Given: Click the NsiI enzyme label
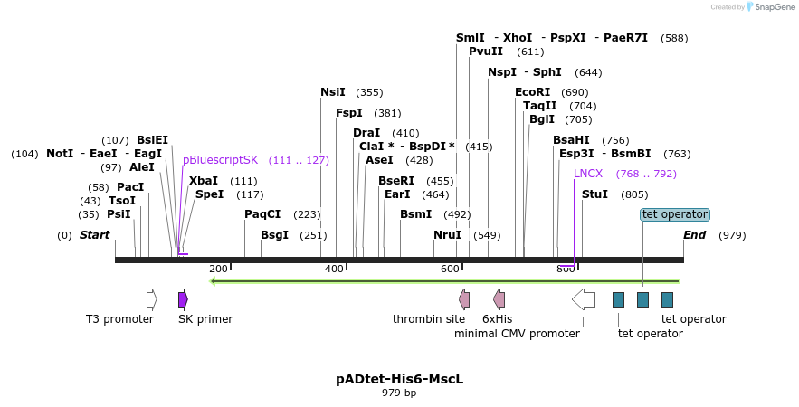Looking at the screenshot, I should [x=333, y=92].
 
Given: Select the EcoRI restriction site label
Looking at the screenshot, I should [x=532, y=92].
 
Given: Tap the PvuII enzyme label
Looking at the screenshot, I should [x=486, y=52].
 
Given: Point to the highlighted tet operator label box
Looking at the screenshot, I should [x=674, y=214].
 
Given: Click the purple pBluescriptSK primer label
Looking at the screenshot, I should [x=220, y=160].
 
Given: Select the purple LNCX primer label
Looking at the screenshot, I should [x=588, y=174].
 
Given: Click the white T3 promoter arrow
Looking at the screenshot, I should [x=151, y=299].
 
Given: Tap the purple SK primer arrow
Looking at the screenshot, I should [x=183, y=299].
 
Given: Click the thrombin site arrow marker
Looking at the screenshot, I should [x=464, y=299].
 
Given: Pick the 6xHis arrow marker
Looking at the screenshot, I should [x=499, y=299].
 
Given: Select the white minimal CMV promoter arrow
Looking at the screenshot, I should [x=583, y=299].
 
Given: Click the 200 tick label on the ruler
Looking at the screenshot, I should [x=218, y=270].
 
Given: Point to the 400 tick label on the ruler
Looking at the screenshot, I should [x=334, y=270].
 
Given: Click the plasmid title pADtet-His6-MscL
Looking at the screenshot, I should [x=399, y=379].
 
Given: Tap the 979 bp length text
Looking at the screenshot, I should [x=399, y=393].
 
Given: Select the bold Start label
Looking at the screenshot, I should [x=94, y=235].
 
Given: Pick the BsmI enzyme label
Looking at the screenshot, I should [x=415, y=214].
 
